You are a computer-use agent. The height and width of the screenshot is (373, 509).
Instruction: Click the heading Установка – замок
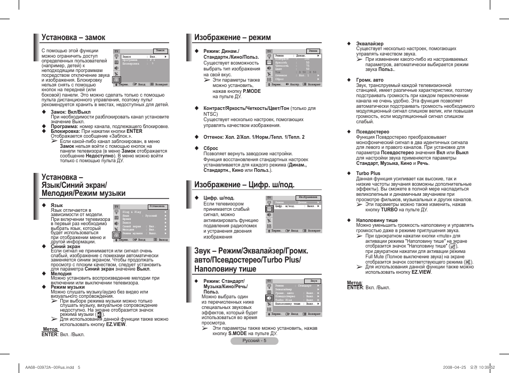tap(73, 37)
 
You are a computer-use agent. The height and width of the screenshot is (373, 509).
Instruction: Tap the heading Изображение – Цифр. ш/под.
tap(244, 185)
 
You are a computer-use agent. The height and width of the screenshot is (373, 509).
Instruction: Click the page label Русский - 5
tap(254, 341)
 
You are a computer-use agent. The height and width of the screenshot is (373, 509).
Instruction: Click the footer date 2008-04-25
tap(455, 367)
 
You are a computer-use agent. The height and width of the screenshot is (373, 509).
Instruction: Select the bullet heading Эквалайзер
tap(370, 43)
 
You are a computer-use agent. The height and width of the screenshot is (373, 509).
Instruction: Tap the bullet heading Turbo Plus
tap(368, 173)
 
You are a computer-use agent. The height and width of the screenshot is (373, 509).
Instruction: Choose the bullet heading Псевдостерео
tap(372, 132)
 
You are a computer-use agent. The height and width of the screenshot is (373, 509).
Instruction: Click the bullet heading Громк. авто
tap(370, 80)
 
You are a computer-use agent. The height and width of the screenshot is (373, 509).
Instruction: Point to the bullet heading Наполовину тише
tap(377, 220)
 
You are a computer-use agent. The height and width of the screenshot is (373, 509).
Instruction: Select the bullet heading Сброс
tap(211, 148)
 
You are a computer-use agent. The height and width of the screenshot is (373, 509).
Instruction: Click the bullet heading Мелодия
tap(61, 274)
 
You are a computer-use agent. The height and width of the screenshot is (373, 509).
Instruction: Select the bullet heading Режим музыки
tap(68, 287)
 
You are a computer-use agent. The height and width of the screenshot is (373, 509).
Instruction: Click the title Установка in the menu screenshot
tap(157, 205)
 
